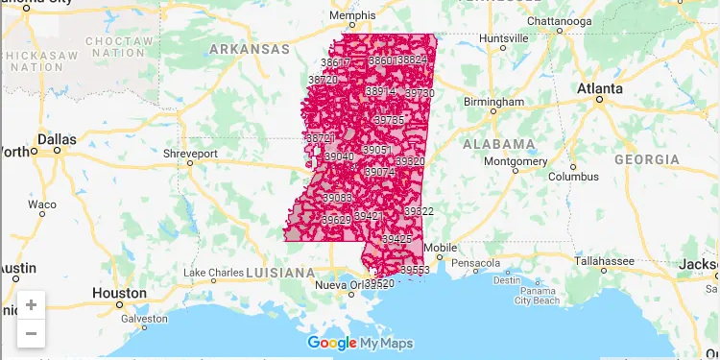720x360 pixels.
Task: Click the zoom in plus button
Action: click(31, 305)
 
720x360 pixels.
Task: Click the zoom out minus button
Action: click(31, 333)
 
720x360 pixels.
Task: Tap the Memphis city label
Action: click(351, 16)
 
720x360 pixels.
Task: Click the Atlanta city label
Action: click(599, 88)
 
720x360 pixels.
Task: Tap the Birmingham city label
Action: click(493, 102)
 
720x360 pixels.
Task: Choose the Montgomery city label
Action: click(516, 161)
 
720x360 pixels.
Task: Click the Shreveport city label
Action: click(191, 154)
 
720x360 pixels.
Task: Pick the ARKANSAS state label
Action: click(249, 48)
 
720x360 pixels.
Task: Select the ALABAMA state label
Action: click(498, 144)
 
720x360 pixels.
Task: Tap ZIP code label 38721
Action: click(319, 138)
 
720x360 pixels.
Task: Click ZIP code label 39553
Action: click(415, 271)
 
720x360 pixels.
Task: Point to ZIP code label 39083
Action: click(337, 198)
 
